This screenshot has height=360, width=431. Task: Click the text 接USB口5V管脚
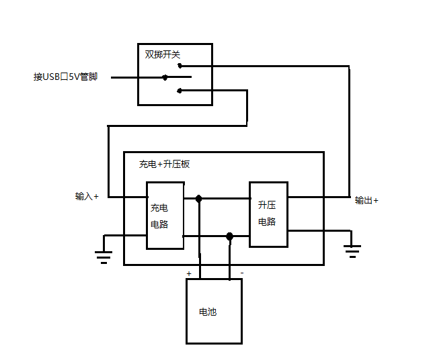66,77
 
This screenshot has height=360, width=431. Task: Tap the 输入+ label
87,197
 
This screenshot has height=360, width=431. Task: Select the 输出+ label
366,200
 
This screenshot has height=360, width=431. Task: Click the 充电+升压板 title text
164,164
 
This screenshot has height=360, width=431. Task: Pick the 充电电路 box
165,215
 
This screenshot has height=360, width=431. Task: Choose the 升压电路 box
268,214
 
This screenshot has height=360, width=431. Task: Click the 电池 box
214,311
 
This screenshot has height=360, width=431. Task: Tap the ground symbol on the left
103,255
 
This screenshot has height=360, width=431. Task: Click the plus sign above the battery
189,274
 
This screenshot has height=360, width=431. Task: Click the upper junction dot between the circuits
199,199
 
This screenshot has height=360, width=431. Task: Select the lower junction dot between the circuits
229,236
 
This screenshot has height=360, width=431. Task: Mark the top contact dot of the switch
180,66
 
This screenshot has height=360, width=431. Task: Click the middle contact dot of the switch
165,77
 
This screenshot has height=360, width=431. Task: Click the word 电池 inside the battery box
208,312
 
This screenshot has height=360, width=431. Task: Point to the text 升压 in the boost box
267,206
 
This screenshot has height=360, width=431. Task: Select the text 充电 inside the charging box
159,208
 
